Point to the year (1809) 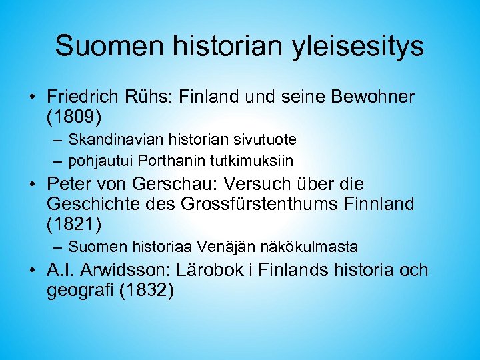(x=75, y=117)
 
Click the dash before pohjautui (x=57, y=161)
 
